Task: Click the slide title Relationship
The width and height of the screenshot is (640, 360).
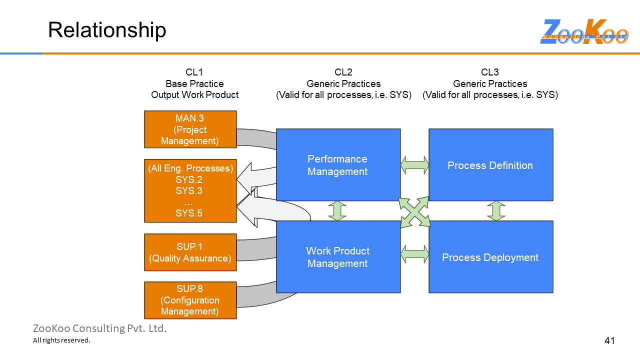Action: (x=107, y=30)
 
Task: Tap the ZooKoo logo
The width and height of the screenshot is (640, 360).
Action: (x=584, y=32)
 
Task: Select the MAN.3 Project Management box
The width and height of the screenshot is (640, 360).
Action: (x=190, y=129)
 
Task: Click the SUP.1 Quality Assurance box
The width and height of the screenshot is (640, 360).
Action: (x=190, y=252)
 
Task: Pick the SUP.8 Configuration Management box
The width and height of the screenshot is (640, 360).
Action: (x=190, y=300)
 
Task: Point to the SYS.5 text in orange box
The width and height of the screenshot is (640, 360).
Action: (x=189, y=213)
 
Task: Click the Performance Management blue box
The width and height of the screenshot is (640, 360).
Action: (x=338, y=165)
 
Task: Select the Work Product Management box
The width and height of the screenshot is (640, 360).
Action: (x=338, y=257)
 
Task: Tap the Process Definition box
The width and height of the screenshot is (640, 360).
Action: (x=490, y=165)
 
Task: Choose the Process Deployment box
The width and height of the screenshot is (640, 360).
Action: (x=490, y=257)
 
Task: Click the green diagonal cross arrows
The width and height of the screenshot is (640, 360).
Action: (x=414, y=212)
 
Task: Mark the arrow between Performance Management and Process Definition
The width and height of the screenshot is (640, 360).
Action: (x=414, y=165)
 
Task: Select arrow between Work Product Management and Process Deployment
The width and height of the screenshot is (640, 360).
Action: (x=414, y=253)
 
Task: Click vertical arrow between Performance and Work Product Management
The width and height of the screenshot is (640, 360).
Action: (x=337, y=211)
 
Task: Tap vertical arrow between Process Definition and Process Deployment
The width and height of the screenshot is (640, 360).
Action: (x=496, y=211)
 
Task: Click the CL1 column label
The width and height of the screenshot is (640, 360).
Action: (x=194, y=72)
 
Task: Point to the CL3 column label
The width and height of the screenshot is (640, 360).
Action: (x=490, y=72)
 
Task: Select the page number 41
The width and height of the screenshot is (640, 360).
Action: (x=609, y=341)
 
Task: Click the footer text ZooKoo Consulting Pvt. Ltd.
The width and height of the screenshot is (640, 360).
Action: (x=100, y=328)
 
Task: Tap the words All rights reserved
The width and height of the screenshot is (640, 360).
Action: (x=61, y=340)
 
